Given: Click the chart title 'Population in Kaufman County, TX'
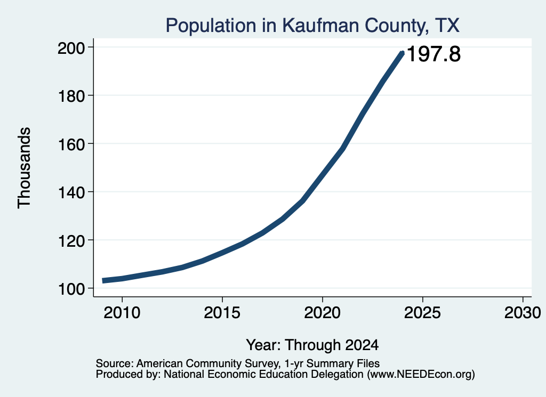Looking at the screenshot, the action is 312,26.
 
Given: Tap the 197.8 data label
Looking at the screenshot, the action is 433,54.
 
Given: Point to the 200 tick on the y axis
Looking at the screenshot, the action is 71,47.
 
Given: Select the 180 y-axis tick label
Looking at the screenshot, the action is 71,96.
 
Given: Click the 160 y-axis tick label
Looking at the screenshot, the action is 71,144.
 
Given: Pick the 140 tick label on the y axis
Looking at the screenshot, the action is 71,192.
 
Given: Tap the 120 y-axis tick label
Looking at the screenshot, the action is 71,241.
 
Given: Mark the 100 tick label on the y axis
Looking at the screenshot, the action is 71,289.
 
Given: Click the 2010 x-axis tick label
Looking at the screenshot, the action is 122,313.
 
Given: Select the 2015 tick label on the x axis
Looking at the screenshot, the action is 222,313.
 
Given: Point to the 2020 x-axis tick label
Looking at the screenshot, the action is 323,313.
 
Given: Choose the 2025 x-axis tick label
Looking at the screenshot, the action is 422,313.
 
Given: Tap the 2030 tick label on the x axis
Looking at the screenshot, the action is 523,313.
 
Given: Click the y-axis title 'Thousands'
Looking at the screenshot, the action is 25,168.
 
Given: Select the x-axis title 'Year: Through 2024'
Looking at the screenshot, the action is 312,345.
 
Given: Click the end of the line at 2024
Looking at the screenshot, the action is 402,53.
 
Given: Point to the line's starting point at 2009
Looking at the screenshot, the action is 103,280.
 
